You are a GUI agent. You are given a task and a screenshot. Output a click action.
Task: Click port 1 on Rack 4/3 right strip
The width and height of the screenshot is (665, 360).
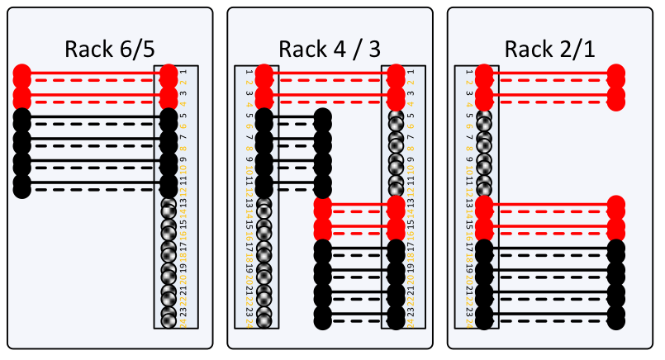coord(411,73)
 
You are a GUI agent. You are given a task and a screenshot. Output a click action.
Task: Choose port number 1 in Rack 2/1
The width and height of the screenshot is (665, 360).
coord(468,73)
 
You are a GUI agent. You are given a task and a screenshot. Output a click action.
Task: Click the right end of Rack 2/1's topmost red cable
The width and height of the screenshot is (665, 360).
coord(615,74)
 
